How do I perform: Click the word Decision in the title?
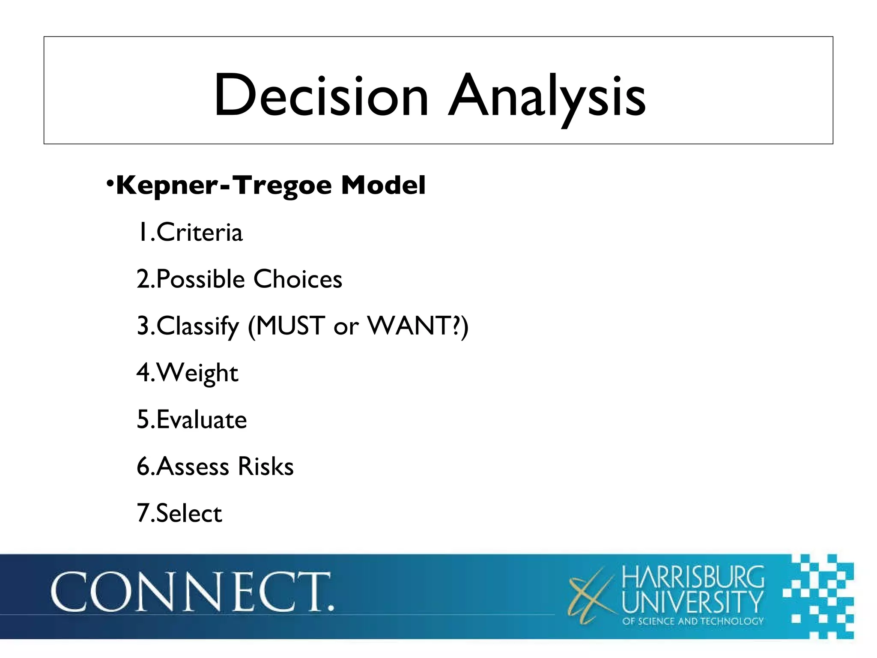coord(321,95)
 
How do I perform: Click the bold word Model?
coord(383,185)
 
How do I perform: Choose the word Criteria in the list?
coord(200,233)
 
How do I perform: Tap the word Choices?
coord(298,279)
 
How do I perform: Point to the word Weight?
coord(197,373)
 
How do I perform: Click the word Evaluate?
coord(202,419)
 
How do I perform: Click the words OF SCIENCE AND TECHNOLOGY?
coord(693,621)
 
